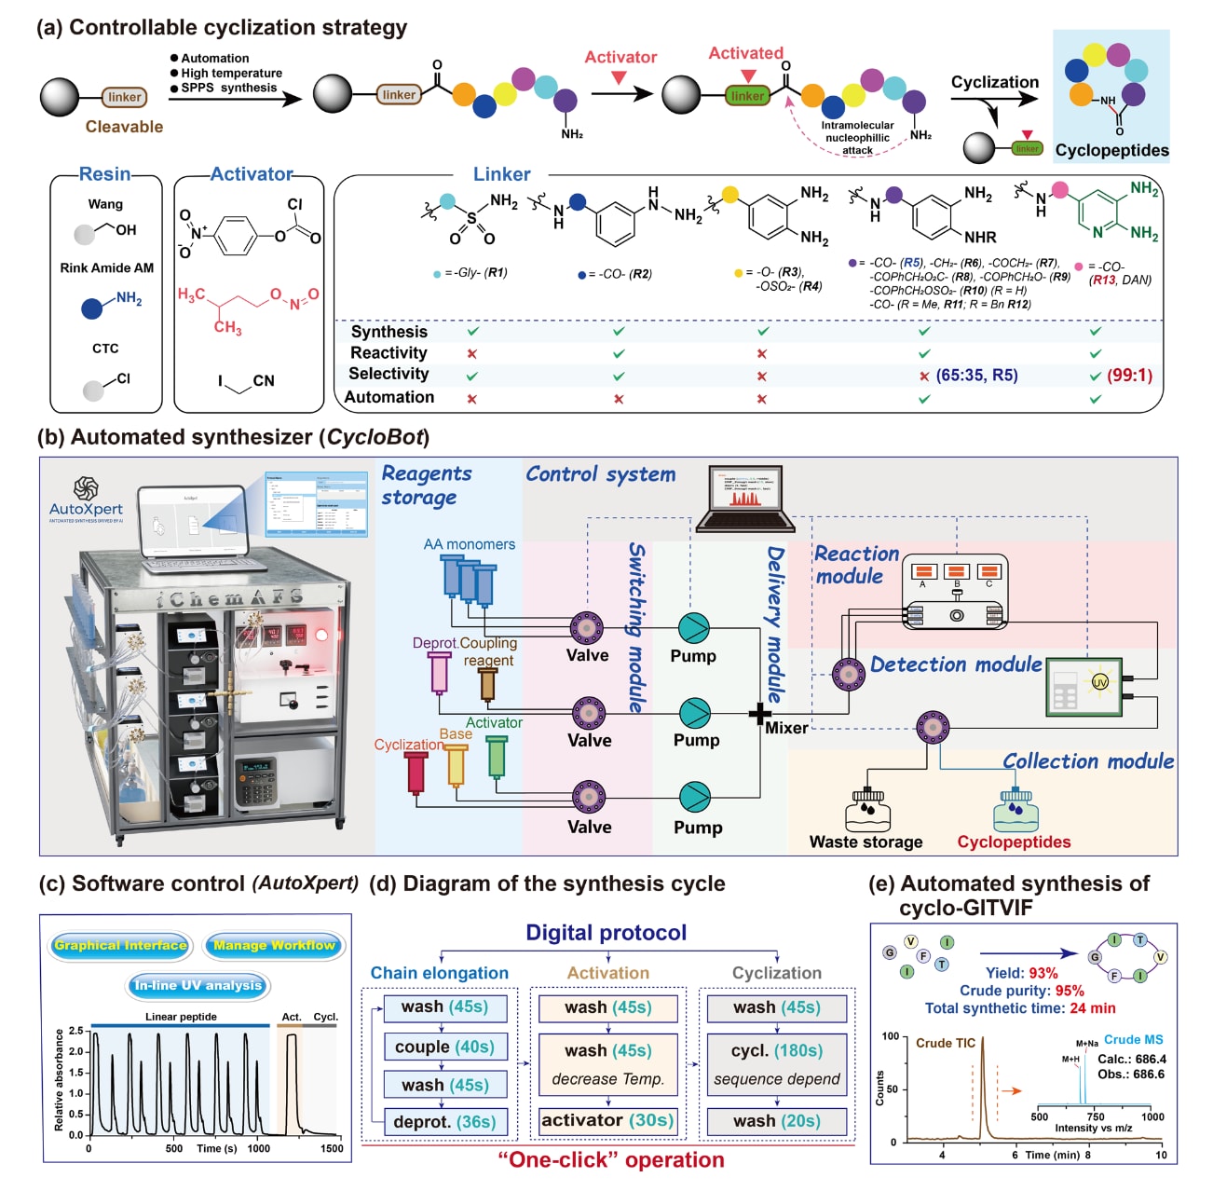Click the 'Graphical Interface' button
point(121,945)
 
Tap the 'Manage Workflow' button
point(274,945)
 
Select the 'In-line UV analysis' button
point(198,985)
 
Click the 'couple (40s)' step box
point(444,1047)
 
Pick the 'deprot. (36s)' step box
point(444,1122)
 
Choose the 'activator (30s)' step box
point(607,1120)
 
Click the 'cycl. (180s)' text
point(776,1050)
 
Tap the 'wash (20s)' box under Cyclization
point(776,1121)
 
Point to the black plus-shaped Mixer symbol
point(760,715)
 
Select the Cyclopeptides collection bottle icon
point(1015,811)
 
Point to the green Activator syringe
point(497,756)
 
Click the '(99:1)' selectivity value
point(1129,376)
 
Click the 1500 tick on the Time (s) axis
point(332,1149)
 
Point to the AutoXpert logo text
point(86,509)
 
